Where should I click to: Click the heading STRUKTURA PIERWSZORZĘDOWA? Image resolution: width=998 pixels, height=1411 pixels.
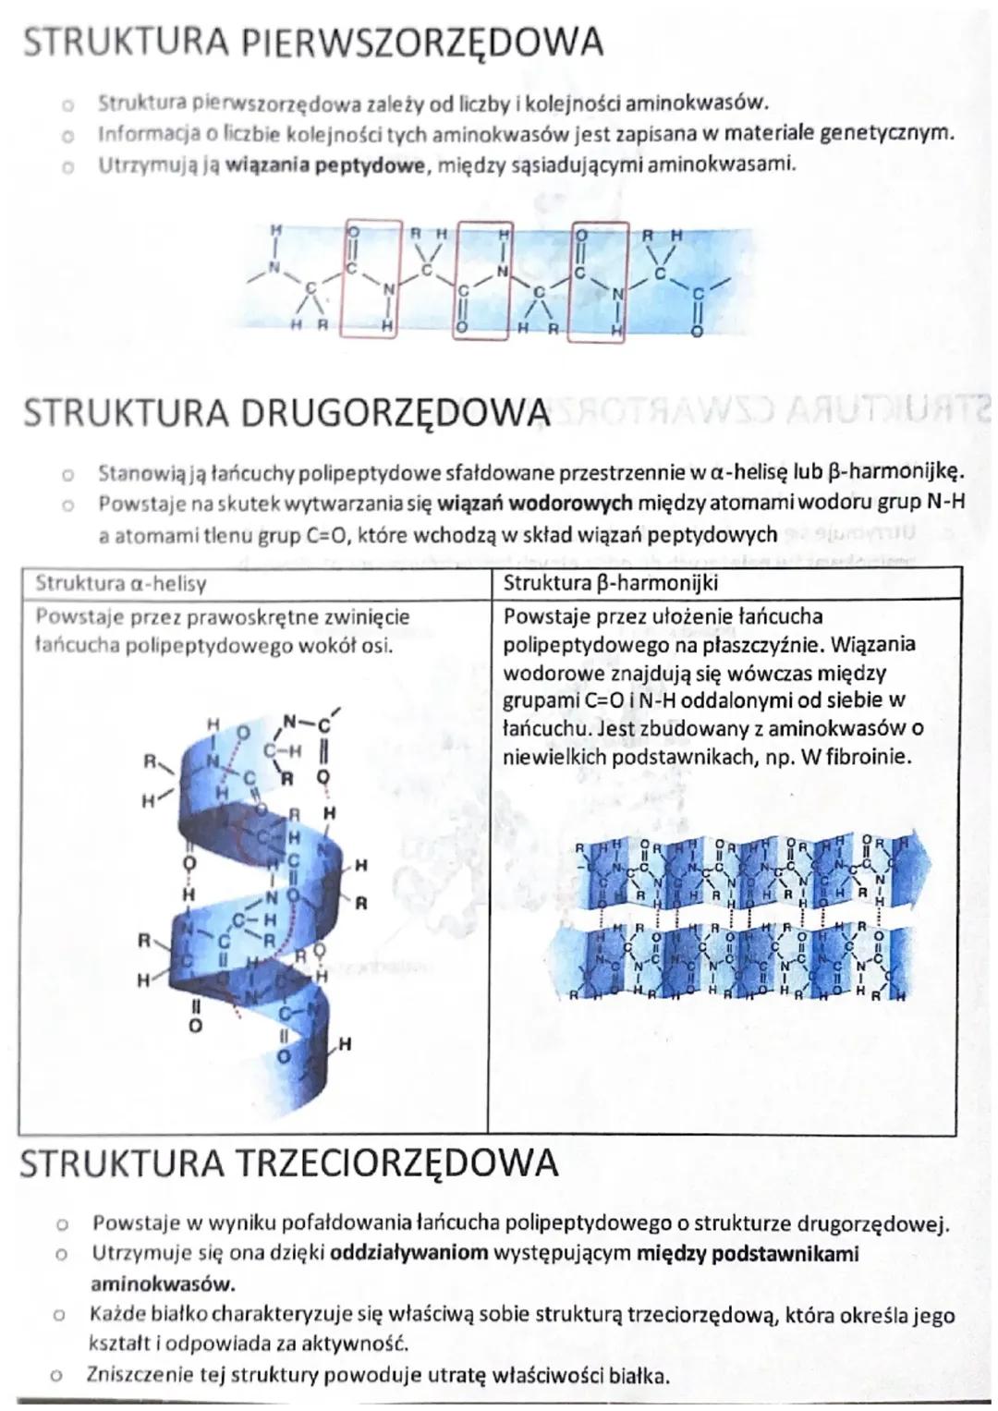tap(312, 43)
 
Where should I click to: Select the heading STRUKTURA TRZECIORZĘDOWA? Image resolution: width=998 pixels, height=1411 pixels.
tap(288, 1163)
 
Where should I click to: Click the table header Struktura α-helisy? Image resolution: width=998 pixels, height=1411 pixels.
tap(120, 583)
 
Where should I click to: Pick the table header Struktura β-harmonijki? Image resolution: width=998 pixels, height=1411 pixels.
tap(610, 583)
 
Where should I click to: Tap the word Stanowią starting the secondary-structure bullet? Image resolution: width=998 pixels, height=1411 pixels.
tap(141, 473)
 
